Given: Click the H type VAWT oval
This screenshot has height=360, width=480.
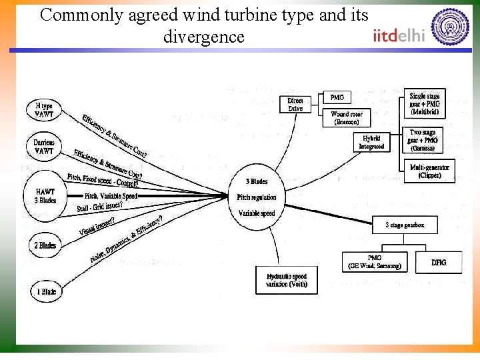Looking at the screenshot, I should pyautogui.click(x=44, y=109).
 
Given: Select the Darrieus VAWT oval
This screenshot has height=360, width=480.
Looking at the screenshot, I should pyautogui.click(x=44, y=147).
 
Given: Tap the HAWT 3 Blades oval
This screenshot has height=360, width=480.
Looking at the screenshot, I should pyautogui.click(x=45, y=195).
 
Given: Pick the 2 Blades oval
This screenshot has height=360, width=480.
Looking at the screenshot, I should pyautogui.click(x=45, y=245).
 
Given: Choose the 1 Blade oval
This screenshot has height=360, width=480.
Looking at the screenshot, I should pyautogui.click(x=46, y=291).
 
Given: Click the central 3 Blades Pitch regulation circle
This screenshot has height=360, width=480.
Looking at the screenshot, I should pyautogui.click(x=257, y=197).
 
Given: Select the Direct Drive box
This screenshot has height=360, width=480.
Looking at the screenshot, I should pyautogui.click(x=295, y=105).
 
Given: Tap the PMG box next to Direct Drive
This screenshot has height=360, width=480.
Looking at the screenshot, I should pyautogui.click(x=337, y=98).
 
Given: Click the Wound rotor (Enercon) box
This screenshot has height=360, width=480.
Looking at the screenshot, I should pyautogui.click(x=345, y=118).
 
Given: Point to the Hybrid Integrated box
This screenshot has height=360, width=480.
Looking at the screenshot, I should pyautogui.click(x=371, y=142).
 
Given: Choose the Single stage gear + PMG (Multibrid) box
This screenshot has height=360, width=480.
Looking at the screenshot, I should pyautogui.click(x=425, y=104).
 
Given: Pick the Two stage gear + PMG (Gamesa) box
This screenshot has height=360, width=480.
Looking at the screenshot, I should pyautogui.click(x=423, y=140).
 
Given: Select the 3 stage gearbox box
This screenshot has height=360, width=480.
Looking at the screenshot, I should pyautogui.click(x=405, y=225).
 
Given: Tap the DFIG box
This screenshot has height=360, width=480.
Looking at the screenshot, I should pyautogui.click(x=439, y=263).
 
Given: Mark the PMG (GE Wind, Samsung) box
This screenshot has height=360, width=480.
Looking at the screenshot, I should pyautogui.click(x=375, y=262).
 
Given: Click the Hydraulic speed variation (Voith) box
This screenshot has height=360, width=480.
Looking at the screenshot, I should pyautogui.click(x=287, y=280).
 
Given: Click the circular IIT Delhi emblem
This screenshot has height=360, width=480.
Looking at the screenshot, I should pyautogui.click(x=450, y=27).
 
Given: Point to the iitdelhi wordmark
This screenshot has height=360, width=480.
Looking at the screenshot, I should pyautogui.click(x=399, y=35).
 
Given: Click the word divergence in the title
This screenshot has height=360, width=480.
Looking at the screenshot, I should pyautogui.click(x=204, y=37).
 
